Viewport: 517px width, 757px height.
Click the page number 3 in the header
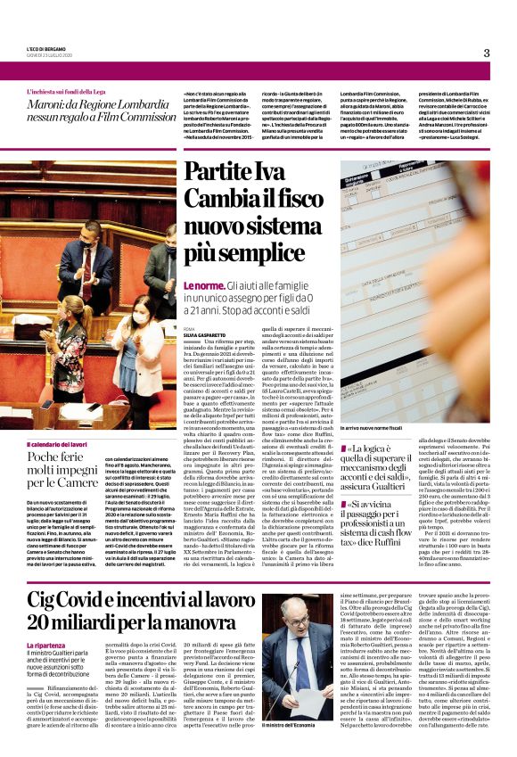coord(487,53)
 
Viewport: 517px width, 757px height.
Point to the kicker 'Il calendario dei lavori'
coord(57,444)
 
